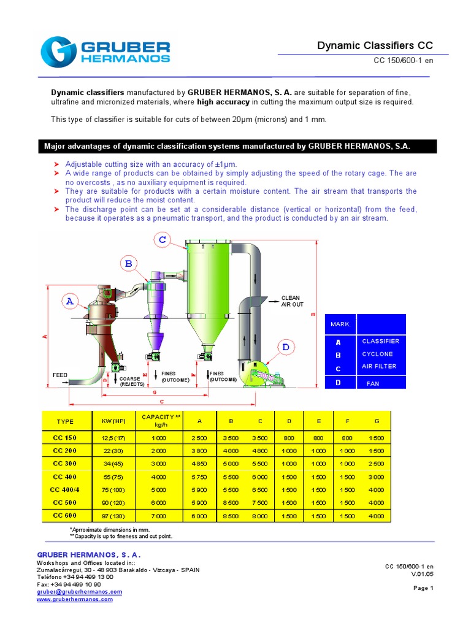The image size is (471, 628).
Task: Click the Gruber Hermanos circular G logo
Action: click(x=59, y=52)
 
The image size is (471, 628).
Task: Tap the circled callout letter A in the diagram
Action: click(x=70, y=301)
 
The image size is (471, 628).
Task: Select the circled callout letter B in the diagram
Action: click(x=128, y=264)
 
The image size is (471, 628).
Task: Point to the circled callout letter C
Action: click(x=162, y=240)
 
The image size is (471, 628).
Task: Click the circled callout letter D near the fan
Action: click(x=285, y=348)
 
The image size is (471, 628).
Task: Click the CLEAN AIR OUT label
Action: click(x=292, y=301)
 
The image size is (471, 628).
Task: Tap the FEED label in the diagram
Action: click(x=60, y=374)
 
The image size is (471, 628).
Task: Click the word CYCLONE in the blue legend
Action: click(x=377, y=354)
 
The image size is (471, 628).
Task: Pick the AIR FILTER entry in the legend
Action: click(x=379, y=366)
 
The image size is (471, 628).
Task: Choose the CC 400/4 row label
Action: click(x=64, y=489)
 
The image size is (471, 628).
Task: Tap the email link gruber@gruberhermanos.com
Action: click(x=80, y=592)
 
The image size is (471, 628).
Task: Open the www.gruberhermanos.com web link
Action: click(x=75, y=599)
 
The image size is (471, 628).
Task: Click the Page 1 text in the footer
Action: click(x=423, y=588)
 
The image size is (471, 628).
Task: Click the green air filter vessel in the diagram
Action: click(x=209, y=288)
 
